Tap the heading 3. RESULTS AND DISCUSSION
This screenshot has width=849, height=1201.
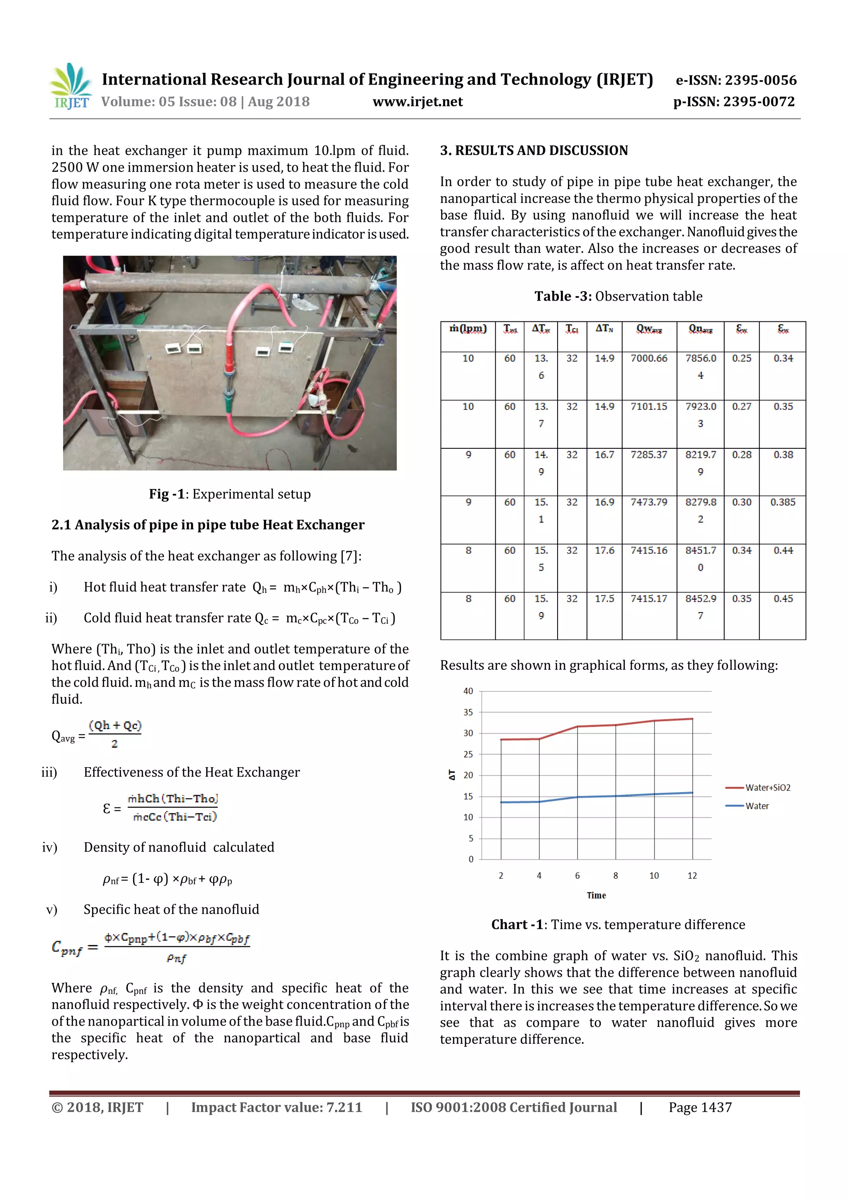pos(534,151)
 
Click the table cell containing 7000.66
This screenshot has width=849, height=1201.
pos(649,358)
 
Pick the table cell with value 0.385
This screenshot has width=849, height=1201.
pos(782,502)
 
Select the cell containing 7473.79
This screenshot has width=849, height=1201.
pos(649,502)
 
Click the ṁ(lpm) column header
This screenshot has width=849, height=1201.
pos(468,329)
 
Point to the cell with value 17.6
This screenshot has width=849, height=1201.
pos(604,550)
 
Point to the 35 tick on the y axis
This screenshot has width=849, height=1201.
pos(468,712)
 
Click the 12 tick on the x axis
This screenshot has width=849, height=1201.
pos(692,875)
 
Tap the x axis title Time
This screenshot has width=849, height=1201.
pos(596,895)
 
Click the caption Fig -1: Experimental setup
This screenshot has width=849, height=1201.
pos(230,494)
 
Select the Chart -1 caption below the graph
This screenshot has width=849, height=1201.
pos(618,925)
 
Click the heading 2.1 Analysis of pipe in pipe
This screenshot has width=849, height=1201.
pos(208,525)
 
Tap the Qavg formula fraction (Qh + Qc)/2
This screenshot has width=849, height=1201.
pos(115,734)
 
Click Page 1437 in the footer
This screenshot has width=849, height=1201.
pos(700,1107)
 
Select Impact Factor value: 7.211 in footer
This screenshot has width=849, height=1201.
pos(276,1107)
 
